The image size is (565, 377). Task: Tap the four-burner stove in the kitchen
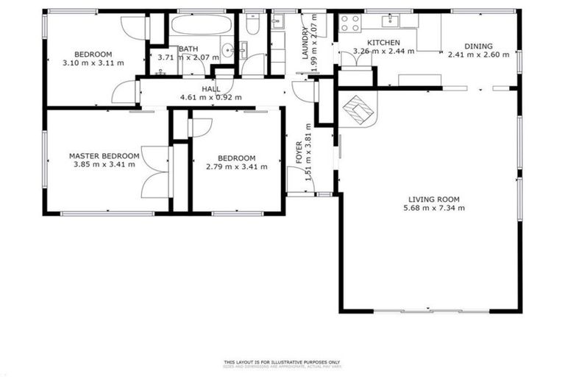[350, 23]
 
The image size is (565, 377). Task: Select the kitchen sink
[393, 20]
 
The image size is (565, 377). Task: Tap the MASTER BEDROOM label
[104, 156]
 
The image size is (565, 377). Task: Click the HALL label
[211, 88]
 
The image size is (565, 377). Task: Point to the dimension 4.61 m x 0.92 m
[211, 97]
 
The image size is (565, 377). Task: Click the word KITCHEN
[383, 43]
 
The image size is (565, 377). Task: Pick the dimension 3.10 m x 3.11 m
[93, 63]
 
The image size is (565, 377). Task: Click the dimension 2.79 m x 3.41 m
[236, 166]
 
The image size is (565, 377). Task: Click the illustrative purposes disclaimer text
[282, 362]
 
